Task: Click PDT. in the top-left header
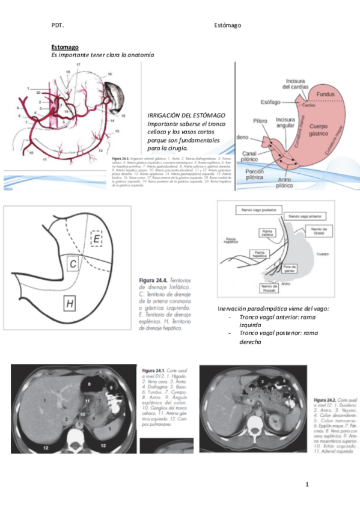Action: point(58,25)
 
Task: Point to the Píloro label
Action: point(260,120)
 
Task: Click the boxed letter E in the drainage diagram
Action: point(98,239)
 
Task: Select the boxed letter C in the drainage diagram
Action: point(72,263)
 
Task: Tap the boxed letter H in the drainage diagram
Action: point(70,305)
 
